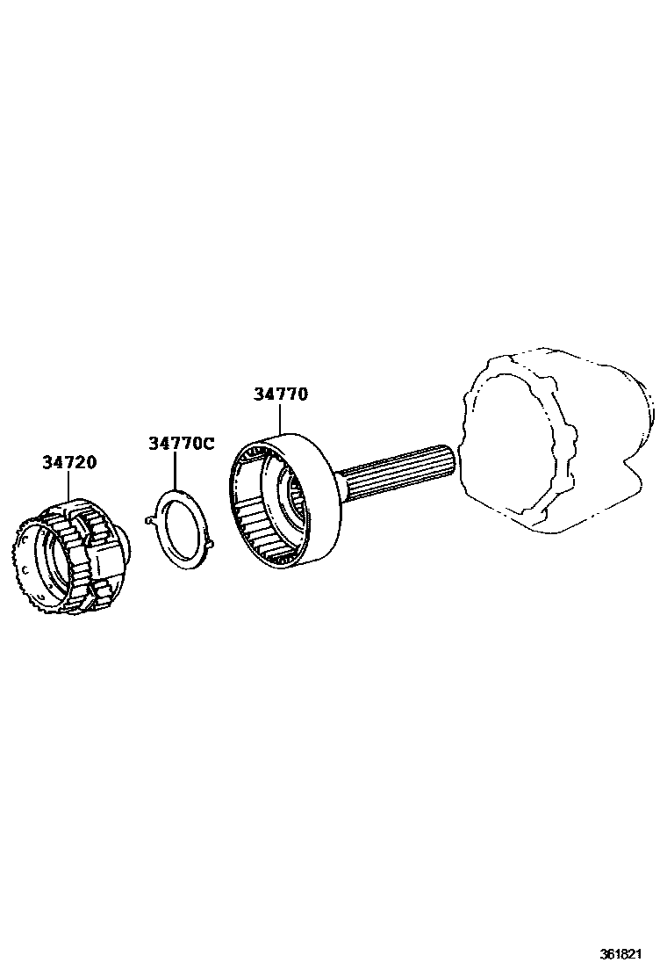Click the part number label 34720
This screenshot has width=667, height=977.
69,462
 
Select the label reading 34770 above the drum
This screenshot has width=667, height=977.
281,394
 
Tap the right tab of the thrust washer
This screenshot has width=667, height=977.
213,547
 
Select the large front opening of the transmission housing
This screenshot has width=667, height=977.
518,448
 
